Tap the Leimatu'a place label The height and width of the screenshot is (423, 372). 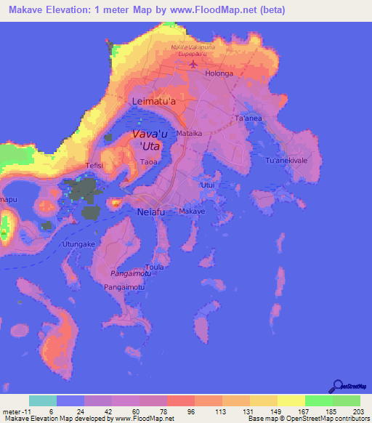[153, 102]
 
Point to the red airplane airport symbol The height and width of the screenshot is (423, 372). [193, 63]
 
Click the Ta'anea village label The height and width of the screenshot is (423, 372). [247, 118]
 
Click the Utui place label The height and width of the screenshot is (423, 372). [208, 186]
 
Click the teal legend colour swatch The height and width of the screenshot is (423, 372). [42, 400]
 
